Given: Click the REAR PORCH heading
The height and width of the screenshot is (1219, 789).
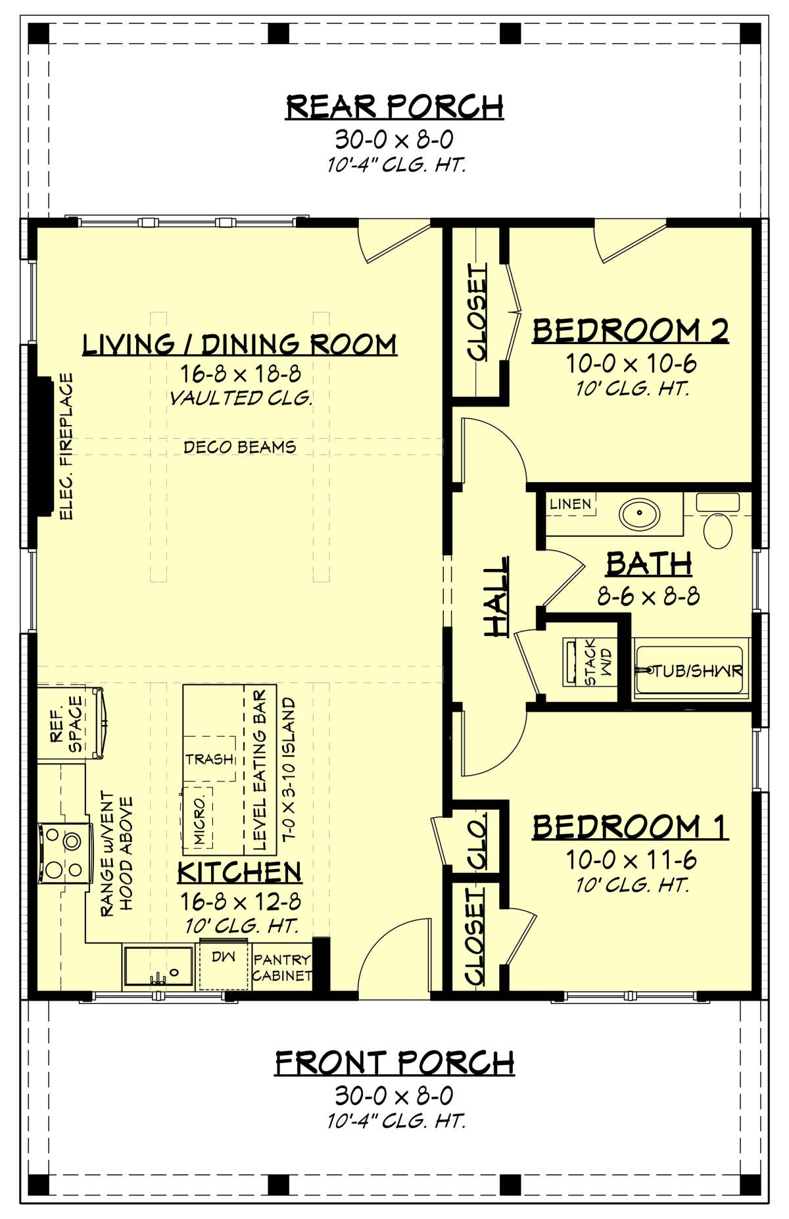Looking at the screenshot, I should pyautogui.click(x=394, y=107).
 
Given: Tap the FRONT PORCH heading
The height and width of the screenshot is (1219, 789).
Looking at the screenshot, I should pyautogui.click(x=394, y=1062).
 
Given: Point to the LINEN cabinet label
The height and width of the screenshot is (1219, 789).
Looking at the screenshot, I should pyautogui.click(x=570, y=504).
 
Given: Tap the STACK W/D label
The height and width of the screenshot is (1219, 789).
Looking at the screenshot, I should pyautogui.click(x=598, y=662).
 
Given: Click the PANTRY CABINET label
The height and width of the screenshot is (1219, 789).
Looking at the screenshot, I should pyautogui.click(x=282, y=968).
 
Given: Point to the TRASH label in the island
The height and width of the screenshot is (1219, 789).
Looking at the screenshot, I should pyautogui.click(x=209, y=759).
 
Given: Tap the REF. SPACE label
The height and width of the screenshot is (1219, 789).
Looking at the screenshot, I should pyautogui.click(x=66, y=724).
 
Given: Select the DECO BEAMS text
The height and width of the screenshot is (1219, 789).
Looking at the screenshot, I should pyautogui.click(x=239, y=447).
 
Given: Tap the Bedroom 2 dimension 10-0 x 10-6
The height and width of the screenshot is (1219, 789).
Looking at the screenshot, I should pyautogui.click(x=631, y=363).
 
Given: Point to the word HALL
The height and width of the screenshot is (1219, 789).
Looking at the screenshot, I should pyautogui.click(x=497, y=596).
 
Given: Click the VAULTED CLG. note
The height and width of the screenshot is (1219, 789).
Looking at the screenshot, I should pyautogui.click(x=240, y=398).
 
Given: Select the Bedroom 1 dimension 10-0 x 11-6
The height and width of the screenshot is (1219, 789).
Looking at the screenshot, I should pyautogui.click(x=631, y=860).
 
